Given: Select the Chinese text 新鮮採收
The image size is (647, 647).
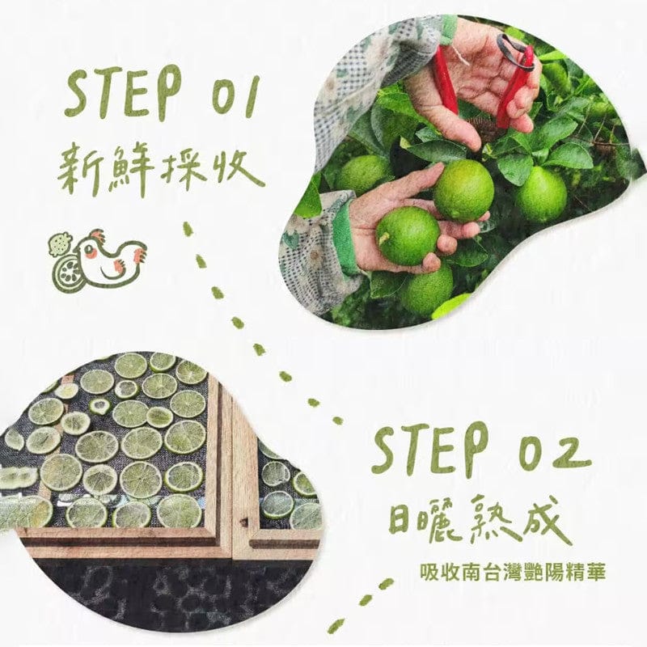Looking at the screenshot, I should (x=162, y=166).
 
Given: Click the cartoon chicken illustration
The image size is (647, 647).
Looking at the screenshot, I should (x=109, y=257).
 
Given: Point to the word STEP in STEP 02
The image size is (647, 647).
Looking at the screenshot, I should (x=429, y=450).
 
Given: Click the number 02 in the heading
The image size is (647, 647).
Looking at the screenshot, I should (x=544, y=450).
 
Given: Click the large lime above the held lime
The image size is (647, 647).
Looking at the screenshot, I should (x=463, y=191).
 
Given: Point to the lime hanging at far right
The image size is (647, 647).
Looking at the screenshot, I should (x=541, y=194).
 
